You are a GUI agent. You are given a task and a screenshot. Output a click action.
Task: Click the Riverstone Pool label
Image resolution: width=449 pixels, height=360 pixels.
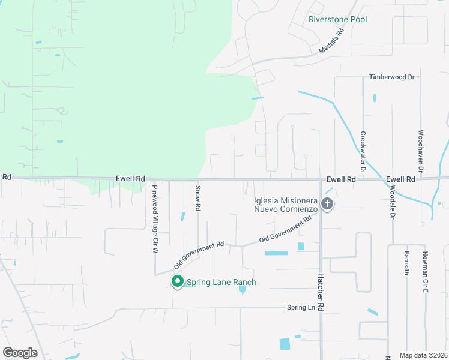click(337, 20)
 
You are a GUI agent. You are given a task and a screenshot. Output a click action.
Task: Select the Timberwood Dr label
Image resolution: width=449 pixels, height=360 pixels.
click(392, 77)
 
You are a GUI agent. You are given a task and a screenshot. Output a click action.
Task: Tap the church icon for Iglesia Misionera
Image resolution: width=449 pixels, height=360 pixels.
click(327, 204)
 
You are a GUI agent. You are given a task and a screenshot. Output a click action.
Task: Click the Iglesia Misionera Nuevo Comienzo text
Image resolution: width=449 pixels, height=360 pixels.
click(285, 205)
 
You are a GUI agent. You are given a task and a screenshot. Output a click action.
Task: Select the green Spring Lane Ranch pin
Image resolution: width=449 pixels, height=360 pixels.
click(177, 281)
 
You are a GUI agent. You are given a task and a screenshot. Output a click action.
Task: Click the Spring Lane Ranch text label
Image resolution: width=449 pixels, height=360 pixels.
click(221, 283)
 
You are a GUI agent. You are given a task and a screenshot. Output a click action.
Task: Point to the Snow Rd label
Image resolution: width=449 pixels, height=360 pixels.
click(197, 197)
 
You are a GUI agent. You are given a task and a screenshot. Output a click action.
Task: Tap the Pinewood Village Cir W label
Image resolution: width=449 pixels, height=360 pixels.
click(154, 218)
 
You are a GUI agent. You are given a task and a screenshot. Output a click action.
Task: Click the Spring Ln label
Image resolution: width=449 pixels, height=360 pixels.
click(301, 308)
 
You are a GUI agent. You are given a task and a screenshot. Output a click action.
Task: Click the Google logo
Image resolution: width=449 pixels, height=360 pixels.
click(20, 353)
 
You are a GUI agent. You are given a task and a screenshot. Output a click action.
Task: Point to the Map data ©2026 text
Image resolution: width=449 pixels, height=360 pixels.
click(423, 355)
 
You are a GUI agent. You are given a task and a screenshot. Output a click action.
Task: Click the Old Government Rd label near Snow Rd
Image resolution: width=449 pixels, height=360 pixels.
click(199, 255)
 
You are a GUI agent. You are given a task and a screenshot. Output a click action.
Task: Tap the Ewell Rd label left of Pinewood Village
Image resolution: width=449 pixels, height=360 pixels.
click(131, 179)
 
